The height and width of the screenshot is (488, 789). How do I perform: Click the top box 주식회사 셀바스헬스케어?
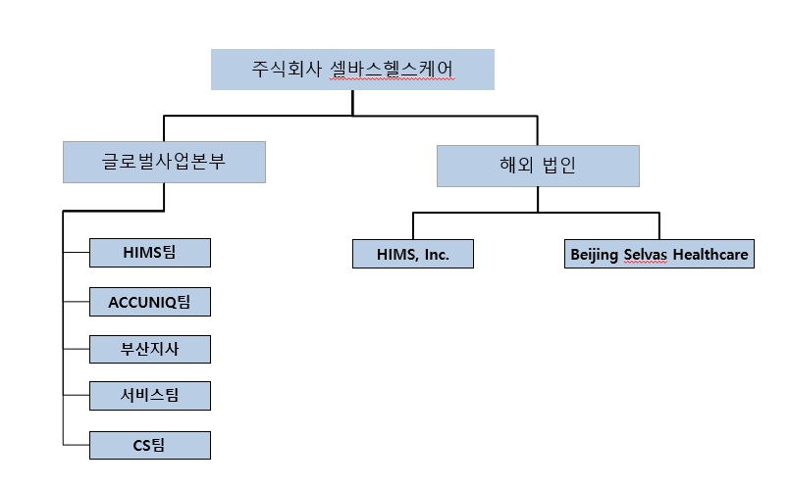[352, 69]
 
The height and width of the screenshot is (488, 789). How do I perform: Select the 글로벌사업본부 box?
[164, 162]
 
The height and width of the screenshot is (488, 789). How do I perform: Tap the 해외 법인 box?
[538, 166]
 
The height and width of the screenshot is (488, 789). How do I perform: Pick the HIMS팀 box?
[149, 253]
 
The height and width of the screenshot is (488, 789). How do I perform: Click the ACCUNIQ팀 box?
[149, 302]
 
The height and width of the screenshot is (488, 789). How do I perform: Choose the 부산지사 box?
[149, 350]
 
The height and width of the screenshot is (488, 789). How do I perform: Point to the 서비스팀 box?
[149, 397]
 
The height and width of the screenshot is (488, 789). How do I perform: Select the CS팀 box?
[149, 446]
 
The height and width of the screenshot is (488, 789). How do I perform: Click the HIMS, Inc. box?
[413, 254]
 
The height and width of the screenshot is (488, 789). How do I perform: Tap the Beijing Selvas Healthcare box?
[659, 255]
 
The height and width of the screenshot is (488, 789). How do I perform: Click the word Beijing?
[595, 255]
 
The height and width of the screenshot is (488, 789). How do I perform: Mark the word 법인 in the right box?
[558, 166]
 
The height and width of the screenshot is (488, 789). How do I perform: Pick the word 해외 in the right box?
[514, 166]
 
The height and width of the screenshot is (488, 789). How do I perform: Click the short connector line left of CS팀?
[76, 446]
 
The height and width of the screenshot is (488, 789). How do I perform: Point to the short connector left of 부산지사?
[76, 350]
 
